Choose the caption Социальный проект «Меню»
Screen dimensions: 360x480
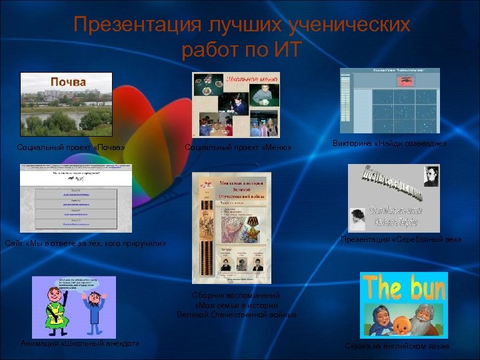(x=238, y=147)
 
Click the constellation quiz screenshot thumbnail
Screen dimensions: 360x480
(x=389, y=100)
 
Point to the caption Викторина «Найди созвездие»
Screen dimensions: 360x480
(x=390, y=143)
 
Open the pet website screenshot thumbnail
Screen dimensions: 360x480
(x=76, y=197)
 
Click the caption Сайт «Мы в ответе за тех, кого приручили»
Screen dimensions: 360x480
(x=85, y=244)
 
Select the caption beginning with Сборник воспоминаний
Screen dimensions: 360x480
(x=236, y=304)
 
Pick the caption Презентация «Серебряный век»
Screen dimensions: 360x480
(x=401, y=239)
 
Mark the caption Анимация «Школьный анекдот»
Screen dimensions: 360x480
(x=80, y=343)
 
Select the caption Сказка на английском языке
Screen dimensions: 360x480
(x=397, y=347)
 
